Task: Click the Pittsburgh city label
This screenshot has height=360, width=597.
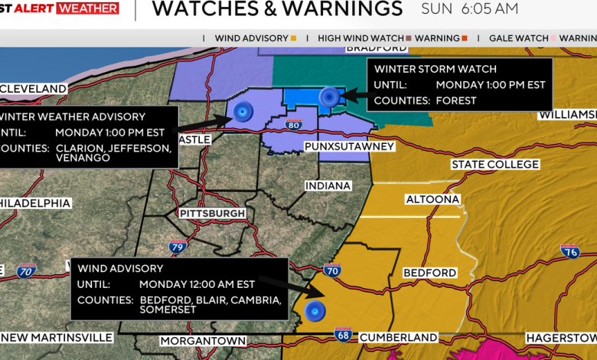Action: pos(212,213)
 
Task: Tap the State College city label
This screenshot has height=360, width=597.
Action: pos(495,165)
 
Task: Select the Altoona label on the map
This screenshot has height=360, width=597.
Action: pos(432,199)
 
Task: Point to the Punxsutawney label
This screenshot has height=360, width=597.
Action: pos(349,146)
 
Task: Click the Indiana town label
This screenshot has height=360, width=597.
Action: pos(328,186)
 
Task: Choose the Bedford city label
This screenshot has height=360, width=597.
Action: pos(429,273)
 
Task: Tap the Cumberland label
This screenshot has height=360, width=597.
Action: pos(398,337)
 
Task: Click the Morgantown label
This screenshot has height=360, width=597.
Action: pos(203,341)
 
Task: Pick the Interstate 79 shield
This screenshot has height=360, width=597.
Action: pos(178,247)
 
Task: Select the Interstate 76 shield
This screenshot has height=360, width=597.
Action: pos(569,251)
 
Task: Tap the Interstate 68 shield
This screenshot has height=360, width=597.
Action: pos(343,334)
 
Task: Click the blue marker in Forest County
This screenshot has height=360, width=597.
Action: pos(329,97)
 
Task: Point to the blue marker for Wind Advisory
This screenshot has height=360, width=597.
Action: pos(314,311)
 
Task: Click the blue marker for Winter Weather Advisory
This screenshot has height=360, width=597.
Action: pos(243,112)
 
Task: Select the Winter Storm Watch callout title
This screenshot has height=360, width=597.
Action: pos(436,69)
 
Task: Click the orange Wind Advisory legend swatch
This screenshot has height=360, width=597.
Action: pos(294,38)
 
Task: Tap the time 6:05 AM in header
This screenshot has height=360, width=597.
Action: pos(491,9)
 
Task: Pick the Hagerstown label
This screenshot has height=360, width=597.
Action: pos(560,338)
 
